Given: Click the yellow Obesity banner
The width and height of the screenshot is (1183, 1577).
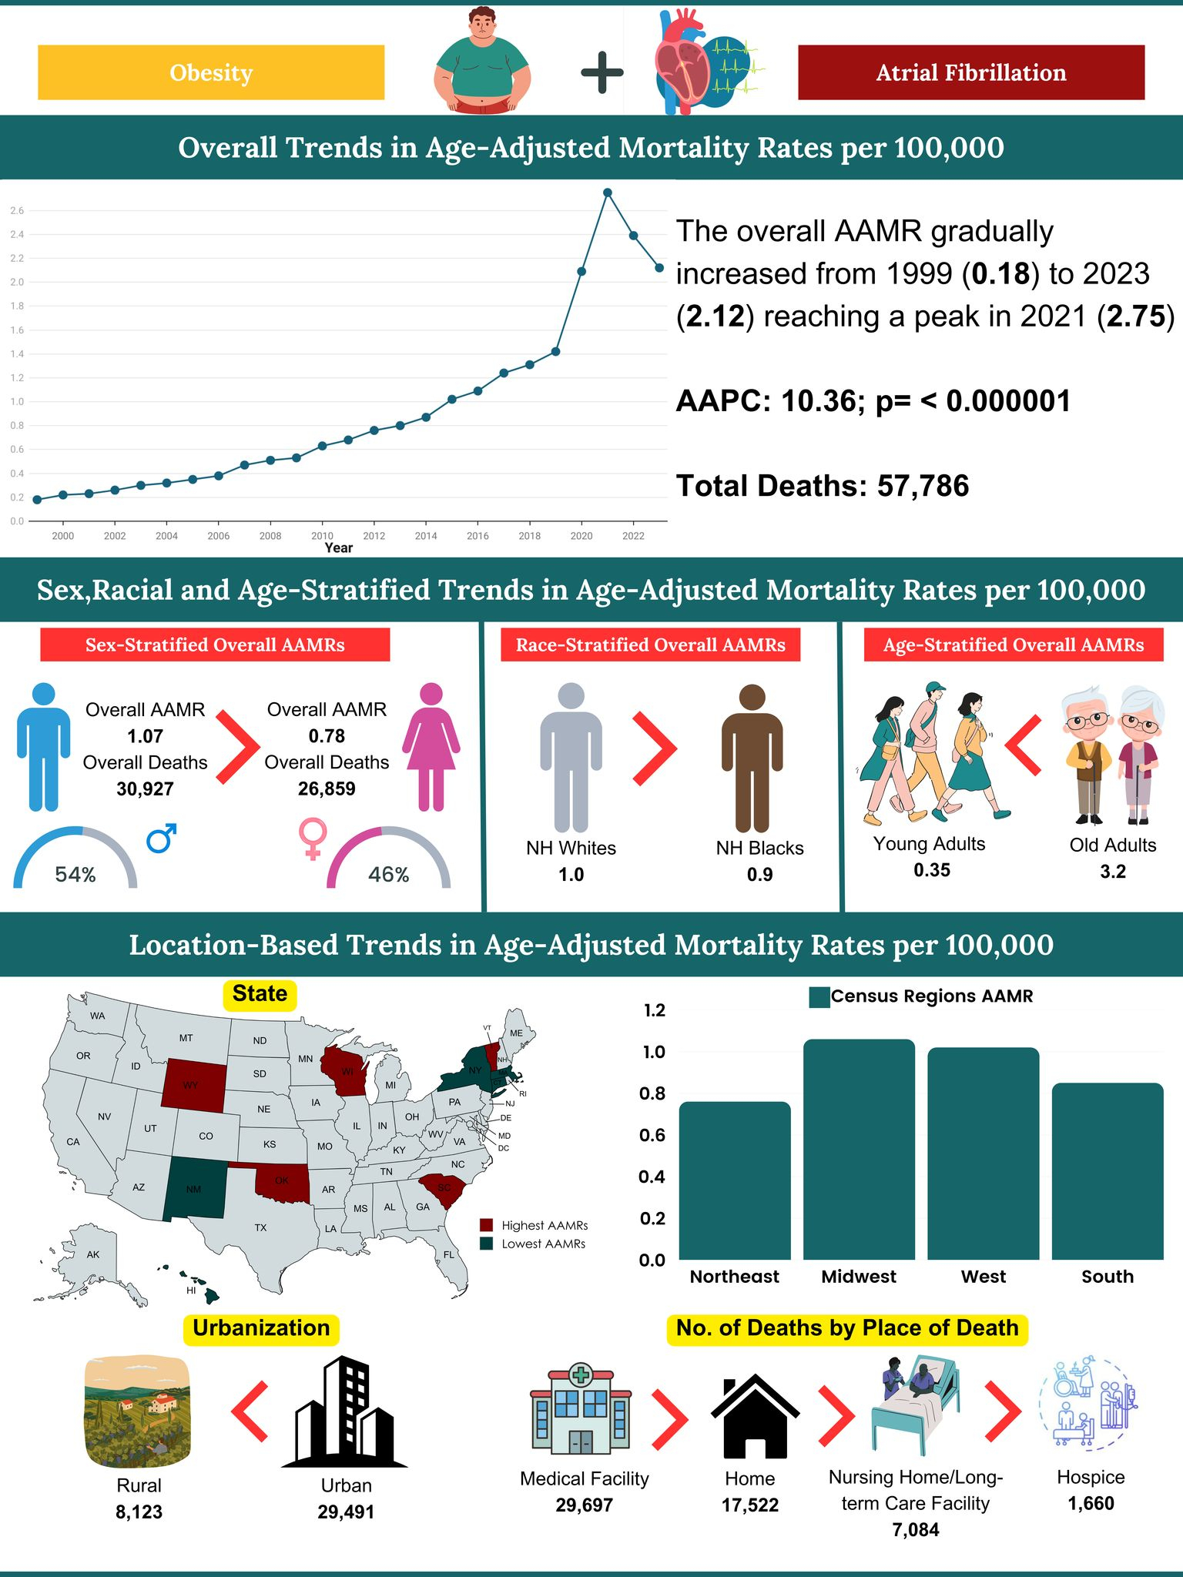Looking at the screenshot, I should point(211,72).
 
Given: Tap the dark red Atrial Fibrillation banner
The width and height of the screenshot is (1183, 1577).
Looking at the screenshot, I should point(970,72).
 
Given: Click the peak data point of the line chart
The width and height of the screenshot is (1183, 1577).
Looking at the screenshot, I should point(608,193).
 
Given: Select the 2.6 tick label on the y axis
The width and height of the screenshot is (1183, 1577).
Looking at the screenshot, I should point(17,210).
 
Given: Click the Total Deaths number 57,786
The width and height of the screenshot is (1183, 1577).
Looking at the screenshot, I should point(923,486).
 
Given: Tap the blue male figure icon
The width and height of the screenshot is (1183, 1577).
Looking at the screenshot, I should point(44,747).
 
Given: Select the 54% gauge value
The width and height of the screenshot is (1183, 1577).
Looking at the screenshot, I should point(75,874).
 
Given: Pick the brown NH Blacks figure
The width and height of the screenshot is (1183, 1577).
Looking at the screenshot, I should point(752,758).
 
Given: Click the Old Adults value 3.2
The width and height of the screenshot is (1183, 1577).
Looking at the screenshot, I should point(1112,872).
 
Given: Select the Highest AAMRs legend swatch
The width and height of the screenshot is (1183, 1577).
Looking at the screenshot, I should point(486,1225).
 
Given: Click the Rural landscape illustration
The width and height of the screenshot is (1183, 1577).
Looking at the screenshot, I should point(138,1413).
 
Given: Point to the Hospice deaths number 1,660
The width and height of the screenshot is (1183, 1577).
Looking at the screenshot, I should point(1091,1503).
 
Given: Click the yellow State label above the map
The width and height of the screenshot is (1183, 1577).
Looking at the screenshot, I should point(260,994).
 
